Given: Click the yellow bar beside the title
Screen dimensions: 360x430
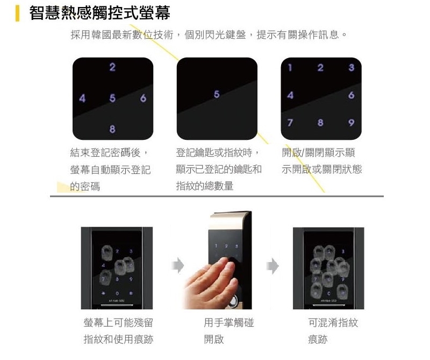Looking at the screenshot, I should coord(17,13).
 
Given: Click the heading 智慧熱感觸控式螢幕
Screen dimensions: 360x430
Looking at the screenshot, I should coord(99,13).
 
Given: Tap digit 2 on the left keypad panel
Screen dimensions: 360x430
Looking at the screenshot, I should coord(112,68).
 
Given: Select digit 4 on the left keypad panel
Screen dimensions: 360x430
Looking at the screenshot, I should coord(82,98).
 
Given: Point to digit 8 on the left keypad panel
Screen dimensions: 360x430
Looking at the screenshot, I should coord(112,129).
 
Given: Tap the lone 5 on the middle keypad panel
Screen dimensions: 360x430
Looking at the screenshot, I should coord(217,94).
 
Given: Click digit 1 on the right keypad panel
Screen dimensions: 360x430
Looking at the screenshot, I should coord(290,68).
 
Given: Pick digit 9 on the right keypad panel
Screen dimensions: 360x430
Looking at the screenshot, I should coord(352,123).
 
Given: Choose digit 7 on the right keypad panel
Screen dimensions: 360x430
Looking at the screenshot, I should coord(290,123).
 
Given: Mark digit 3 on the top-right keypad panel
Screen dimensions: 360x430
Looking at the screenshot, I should coord(352,68).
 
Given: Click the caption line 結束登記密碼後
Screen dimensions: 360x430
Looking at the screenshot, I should coord(105,153).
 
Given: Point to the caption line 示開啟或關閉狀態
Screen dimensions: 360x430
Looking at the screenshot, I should coord(321,170).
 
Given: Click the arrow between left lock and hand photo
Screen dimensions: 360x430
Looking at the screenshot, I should coord(177,265).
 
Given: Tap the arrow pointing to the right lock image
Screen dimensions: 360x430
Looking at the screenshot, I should coord(274,265).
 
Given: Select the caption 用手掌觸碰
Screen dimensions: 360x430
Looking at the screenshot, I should coord(228,323).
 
